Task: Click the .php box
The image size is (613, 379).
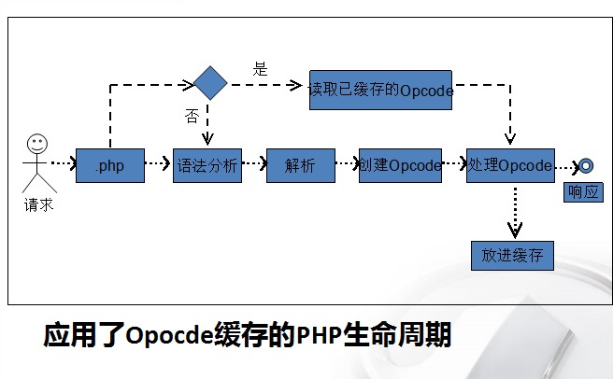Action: pos(110,165)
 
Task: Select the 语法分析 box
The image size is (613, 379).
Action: pos(207,165)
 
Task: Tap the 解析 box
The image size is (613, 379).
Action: pos(301,165)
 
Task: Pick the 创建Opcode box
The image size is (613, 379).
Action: pos(400,165)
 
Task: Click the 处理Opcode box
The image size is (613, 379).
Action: pos(510,165)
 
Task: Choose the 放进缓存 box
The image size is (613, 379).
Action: pos(512,256)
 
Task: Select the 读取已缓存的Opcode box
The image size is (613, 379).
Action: pos(380,91)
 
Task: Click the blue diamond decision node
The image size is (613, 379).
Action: pos(210,83)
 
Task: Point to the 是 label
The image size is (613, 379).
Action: pos(260,69)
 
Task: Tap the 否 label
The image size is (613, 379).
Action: pos(192,116)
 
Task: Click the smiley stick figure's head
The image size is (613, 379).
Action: pos(37,144)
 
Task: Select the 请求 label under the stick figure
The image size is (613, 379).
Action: pos(38,204)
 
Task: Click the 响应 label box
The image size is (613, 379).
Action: pos(583,192)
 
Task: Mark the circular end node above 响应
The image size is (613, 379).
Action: pos(586,165)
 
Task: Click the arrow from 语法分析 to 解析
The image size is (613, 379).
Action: pos(254,163)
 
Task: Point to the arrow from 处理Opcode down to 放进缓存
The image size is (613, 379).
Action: pos(515,213)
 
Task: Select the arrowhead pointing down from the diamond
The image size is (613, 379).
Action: pos(207,139)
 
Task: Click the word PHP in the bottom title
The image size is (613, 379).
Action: pos(320,335)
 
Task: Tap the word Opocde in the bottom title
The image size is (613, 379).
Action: pos(170,335)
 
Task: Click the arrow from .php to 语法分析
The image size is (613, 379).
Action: pos(158,163)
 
